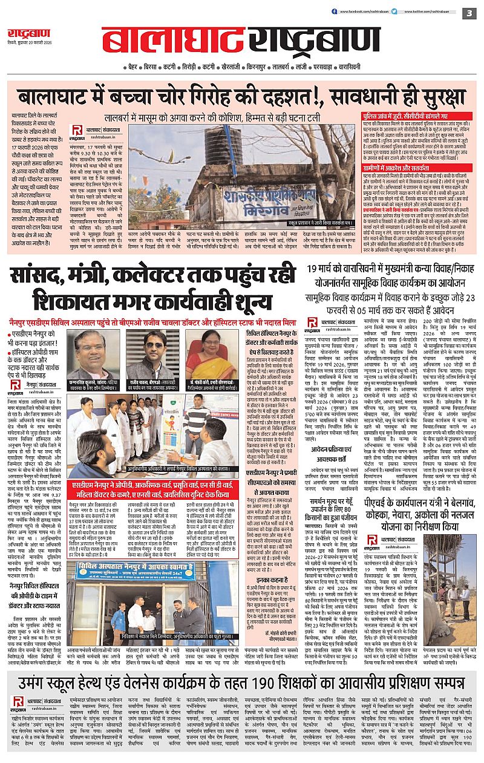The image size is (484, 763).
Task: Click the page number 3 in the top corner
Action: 469,12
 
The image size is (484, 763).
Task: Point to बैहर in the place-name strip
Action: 135,67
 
